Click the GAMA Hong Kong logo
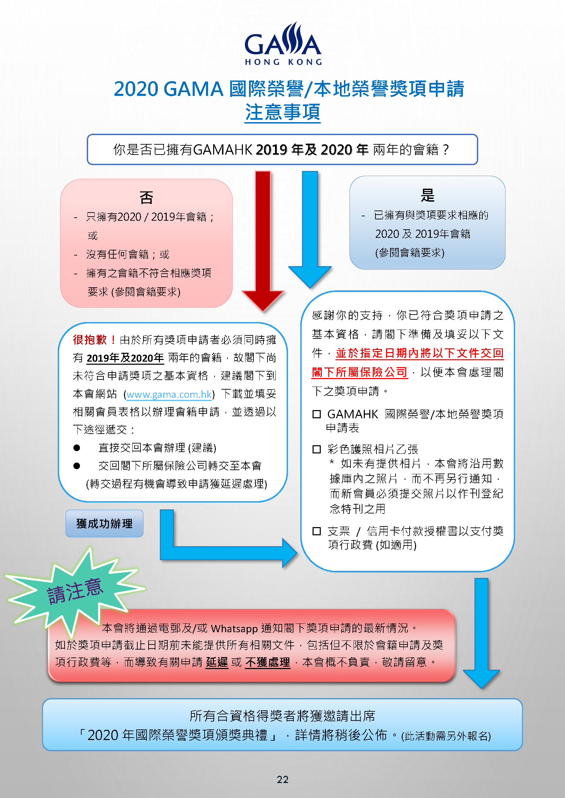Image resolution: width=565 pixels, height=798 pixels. [283, 44]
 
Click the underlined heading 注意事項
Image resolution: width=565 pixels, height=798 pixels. [282, 112]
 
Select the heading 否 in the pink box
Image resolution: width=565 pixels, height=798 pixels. [147, 198]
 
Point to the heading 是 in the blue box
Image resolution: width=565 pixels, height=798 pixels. [428, 195]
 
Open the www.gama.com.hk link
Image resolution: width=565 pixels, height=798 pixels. [169, 394]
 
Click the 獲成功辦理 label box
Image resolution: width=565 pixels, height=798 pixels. [105, 523]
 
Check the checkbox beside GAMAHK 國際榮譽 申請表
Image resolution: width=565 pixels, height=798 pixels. [317, 414]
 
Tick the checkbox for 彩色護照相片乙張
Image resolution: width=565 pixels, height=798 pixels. [317, 449]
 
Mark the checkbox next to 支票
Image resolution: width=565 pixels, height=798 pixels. [317, 531]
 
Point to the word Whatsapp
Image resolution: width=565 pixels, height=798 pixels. [234, 629]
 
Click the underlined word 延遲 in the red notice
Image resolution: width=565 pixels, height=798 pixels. [217, 662]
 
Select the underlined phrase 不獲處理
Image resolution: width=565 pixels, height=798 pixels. [267, 662]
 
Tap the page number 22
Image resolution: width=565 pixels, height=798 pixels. [282, 780]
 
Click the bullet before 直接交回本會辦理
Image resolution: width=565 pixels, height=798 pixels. [77, 448]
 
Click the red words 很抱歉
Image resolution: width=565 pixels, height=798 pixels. [89, 339]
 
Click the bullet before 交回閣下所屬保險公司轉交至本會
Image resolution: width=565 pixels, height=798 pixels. [77, 466]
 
